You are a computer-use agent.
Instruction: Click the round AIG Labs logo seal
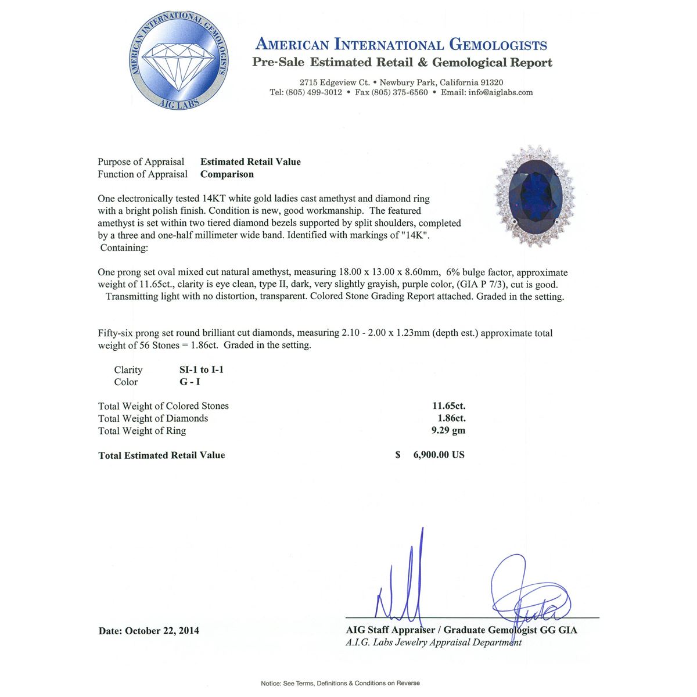coord(178,62)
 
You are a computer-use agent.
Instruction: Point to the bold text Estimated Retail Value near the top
coord(250,162)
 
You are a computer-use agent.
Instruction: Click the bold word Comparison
coord(227,174)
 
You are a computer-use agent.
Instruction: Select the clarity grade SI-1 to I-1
coord(202,370)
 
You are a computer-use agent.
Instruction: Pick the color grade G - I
coord(190,382)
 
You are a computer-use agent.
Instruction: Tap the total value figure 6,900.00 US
coord(439,455)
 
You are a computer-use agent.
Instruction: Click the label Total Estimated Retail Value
coord(161,455)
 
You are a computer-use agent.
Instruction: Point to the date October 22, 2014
coord(162,631)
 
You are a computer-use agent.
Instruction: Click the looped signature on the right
coord(526,592)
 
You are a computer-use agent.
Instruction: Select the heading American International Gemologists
coord(401,45)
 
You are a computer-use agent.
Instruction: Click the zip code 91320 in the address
coord(491,82)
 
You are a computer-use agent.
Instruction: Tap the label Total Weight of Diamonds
coord(153,418)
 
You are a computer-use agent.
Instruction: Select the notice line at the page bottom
coord(340,683)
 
